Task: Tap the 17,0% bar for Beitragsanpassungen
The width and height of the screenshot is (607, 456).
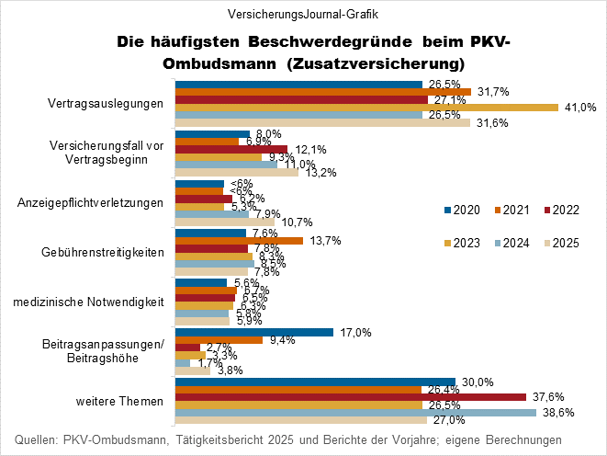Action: (x=253, y=332)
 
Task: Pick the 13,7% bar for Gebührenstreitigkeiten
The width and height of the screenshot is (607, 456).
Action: (x=239, y=241)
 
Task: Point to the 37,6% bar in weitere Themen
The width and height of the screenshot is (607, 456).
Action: (x=350, y=396)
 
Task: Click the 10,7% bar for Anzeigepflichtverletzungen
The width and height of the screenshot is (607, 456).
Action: (x=224, y=221)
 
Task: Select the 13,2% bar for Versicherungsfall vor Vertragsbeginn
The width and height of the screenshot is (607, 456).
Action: (x=236, y=172)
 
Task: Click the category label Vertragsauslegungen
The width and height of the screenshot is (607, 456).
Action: (x=106, y=103)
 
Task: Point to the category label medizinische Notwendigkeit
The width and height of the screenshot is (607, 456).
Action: (x=100, y=302)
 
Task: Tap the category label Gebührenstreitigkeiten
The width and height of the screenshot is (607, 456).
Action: (x=104, y=252)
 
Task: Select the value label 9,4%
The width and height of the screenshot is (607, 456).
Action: (x=280, y=340)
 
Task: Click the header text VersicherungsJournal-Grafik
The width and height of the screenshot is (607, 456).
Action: (x=302, y=14)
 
